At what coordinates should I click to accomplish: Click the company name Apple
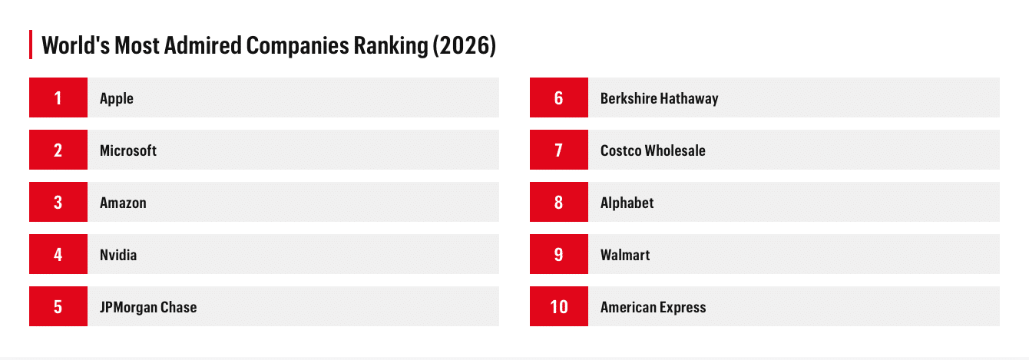(117, 98)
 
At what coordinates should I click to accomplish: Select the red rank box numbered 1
(58, 97)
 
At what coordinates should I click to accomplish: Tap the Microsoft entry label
(128, 150)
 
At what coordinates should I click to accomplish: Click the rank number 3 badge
(58, 202)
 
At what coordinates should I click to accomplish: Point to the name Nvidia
(118, 255)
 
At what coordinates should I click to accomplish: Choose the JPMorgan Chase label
(148, 307)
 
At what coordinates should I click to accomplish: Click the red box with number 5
(58, 306)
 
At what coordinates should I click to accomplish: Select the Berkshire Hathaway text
(659, 98)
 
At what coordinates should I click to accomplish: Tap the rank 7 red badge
(558, 150)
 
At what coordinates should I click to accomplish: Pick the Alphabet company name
(627, 203)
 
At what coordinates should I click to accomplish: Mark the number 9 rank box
(558, 254)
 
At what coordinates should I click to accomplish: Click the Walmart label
(625, 255)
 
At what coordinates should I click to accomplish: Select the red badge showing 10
(558, 306)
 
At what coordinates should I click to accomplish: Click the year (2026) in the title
(464, 45)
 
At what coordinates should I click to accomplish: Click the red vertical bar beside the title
(30, 45)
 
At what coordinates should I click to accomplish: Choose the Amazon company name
(123, 203)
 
